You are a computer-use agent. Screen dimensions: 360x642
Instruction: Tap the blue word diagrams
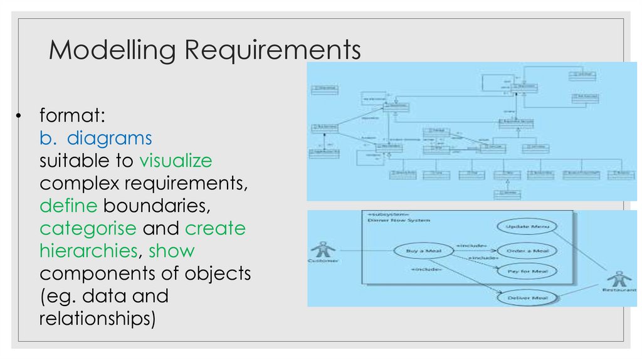click(x=110, y=138)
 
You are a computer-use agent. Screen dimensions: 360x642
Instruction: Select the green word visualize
click(x=176, y=161)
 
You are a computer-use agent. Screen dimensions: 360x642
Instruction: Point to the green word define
click(x=68, y=205)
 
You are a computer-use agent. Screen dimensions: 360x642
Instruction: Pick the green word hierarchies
click(x=88, y=251)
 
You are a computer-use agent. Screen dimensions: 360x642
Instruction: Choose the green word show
click(x=172, y=251)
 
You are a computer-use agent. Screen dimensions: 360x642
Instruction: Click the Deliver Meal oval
click(x=527, y=297)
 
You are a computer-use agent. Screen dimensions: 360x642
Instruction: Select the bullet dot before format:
click(x=21, y=116)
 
